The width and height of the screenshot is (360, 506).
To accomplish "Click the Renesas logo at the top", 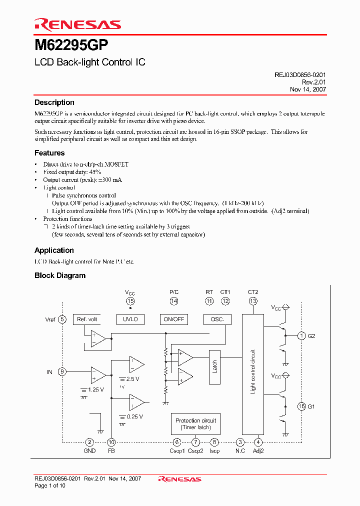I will [x=77, y=24].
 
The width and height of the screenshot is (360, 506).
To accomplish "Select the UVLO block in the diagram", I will [x=130, y=319].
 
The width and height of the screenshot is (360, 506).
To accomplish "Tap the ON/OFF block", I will [x=173, y=319].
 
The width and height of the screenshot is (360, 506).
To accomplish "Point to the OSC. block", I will [x=217, y=319].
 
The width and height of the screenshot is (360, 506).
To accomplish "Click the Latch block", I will [x=214, y=366].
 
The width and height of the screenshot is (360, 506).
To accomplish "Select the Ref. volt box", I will [x=87, y=319].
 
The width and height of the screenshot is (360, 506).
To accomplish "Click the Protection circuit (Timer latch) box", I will [x=196, y=424].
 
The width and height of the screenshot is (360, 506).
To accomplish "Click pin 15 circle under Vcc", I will [x=130, y=301].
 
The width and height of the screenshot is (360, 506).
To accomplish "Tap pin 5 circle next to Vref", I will [x=62, y=319].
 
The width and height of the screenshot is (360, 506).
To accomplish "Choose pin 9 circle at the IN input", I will [x=62, y=372].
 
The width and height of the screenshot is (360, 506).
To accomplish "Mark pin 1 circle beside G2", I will [x=301, y=336].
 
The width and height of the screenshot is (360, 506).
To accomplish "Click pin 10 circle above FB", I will [x=111, y=442].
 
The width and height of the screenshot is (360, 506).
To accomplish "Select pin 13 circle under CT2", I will [x=253, y=301].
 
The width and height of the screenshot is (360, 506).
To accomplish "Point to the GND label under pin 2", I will [x=89, y=451].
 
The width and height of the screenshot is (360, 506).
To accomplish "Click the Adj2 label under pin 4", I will [x=258, y=451].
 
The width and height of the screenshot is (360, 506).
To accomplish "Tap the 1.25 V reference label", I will [x=95, y=389].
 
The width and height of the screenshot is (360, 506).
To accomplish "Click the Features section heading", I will [x=49, y=153].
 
